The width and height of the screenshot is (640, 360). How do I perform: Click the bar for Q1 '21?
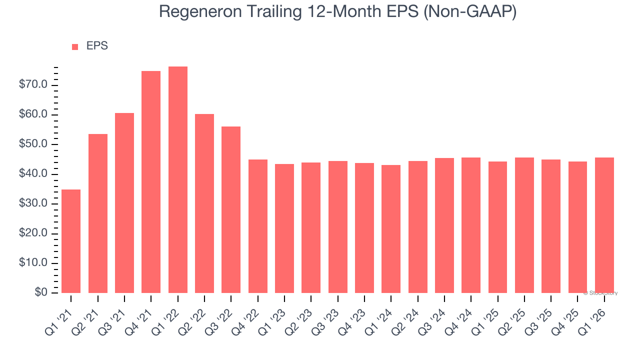[x=71, y=241]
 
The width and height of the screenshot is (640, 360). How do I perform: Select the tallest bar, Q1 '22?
[x=178, y=179]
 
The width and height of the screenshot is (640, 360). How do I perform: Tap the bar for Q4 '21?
[x=151, y=182]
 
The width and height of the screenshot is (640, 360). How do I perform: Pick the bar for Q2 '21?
[x=98, y=213]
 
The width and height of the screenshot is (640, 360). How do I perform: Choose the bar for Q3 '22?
[x=231, y=209]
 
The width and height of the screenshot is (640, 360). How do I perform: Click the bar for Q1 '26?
[x=604, y=225]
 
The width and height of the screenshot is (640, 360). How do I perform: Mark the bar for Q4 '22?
[x=258, y=226]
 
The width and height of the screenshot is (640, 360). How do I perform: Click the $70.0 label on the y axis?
[x=33, y=85]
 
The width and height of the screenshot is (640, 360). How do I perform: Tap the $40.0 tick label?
[x=33, y=174]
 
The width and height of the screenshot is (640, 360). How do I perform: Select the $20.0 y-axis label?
[x=33, y=233]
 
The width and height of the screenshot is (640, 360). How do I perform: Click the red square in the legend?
[x=75, y=47]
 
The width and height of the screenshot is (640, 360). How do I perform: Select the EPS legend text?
[x=97, y=46]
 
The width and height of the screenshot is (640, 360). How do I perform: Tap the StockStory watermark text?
[x=600, y=293]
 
